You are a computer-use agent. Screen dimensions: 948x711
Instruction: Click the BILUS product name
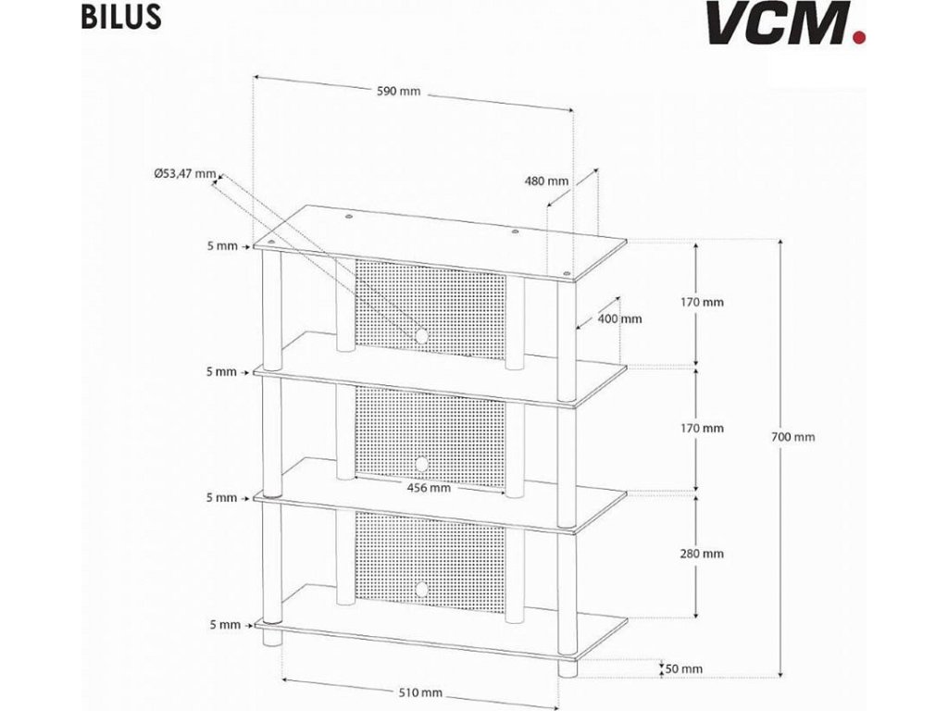pos(115,18)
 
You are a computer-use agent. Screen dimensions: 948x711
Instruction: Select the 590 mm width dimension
pos(398,91)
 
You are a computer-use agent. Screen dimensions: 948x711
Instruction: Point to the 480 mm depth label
pos(546,181)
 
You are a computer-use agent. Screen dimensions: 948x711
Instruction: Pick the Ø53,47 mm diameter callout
pos(184,173)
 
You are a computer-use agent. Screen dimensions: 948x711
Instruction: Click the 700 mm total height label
pos(793,437)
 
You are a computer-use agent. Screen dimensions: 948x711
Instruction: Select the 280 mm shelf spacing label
pos(701,554)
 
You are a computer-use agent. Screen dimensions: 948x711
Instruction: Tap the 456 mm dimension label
pos(428,488)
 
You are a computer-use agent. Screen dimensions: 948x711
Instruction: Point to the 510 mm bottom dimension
pos(420,692)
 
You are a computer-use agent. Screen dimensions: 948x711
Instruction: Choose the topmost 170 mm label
pos(701,302)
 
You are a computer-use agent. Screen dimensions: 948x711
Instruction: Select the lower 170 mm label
pos(701,429)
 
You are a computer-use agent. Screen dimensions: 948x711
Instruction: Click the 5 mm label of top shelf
pos(222,246)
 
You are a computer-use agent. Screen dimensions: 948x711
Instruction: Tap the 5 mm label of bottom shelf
pos(222,625)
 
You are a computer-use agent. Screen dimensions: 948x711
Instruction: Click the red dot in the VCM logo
pos(861,38)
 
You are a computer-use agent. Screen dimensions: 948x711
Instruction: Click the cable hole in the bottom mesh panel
pos(422,588)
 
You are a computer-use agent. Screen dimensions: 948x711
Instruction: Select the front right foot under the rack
pos(568,669)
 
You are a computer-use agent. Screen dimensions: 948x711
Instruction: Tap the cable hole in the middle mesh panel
pos(422,463)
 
